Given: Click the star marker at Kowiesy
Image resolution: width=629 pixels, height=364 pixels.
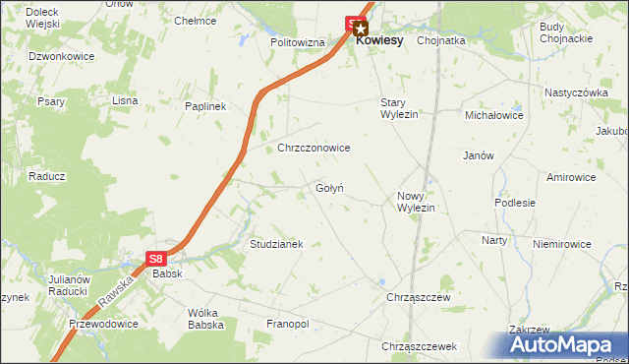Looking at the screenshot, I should (x=361, y=30).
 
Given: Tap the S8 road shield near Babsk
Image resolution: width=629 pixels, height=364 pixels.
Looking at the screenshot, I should (x=156, y=259).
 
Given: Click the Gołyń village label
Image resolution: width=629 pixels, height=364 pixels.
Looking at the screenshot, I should (x=329, y=188).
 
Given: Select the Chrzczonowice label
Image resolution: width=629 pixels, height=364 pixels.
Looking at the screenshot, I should (x=314, y=148).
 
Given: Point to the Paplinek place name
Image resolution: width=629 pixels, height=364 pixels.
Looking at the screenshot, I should (x=205, y=106).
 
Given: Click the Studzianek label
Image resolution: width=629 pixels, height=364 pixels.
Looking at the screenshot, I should (x=276, y=243).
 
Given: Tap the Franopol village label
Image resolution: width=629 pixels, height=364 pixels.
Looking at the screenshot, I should (x=287, y=324).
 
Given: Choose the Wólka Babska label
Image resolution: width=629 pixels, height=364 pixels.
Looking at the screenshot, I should (x=206, y=319).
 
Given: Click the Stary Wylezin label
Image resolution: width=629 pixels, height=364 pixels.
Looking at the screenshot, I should (x=400, y=108).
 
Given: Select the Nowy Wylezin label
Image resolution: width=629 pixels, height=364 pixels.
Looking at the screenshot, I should (x=416, y=202).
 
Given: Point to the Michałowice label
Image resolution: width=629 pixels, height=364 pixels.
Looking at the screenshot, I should (x=494, y=115).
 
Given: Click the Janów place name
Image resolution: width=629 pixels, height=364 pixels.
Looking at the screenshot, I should (x=478, y=155).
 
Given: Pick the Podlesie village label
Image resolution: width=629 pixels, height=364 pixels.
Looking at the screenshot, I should (x=515, y=203).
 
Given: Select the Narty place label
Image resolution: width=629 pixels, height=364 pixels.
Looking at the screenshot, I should (x=494, y=240).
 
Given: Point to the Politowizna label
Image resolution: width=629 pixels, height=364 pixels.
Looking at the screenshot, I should (x=298, y=43).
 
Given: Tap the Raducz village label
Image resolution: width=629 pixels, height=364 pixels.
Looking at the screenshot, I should (x=46, y=176).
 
